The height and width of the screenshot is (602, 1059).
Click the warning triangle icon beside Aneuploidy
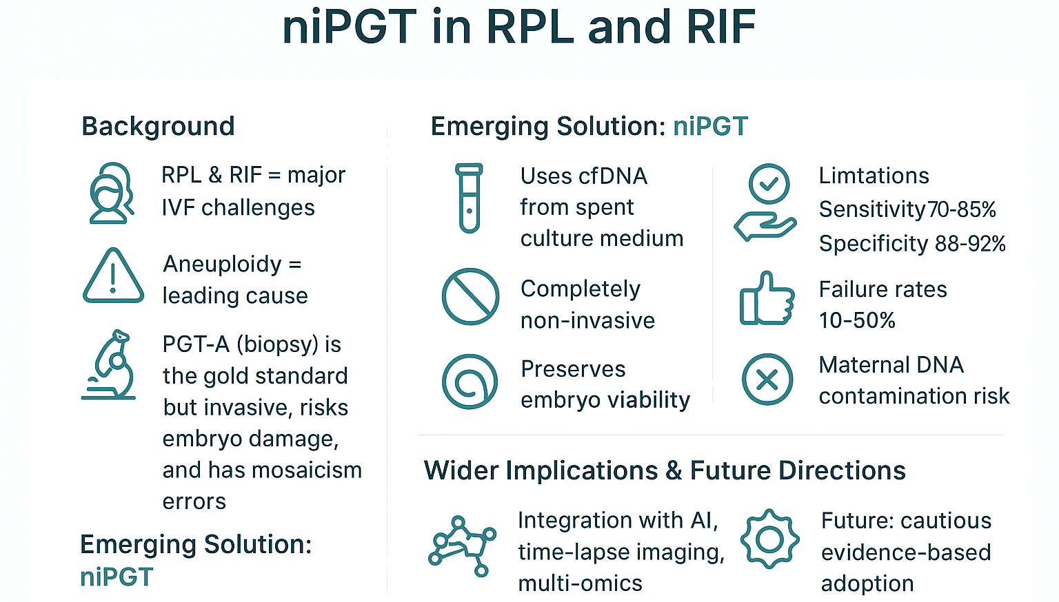(x=113, y=277)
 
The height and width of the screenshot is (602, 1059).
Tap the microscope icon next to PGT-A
(x=110, y=365)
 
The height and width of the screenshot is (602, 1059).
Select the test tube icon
(x=470, y=198)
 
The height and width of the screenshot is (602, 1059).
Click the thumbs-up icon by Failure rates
(x=766, y=299)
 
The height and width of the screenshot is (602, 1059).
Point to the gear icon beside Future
(x=769, y=539)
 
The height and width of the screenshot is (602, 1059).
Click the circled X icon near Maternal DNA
(x=767, y=380)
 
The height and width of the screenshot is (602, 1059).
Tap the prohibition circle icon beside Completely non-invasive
(x=470, y=297)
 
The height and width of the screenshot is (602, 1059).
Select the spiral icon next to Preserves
(x=470, y=382)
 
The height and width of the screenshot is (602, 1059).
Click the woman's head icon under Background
(x=110, y=194)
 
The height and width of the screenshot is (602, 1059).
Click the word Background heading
(x=158, y=127)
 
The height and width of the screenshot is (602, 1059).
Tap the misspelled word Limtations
(x=874, y=176)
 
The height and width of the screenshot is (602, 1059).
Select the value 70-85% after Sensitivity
(x=962, y=209)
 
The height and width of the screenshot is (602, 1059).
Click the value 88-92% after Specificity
(x=970, y=244)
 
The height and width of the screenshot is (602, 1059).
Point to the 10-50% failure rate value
(x=857, y=320)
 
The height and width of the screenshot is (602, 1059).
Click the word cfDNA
(x=613, y=176)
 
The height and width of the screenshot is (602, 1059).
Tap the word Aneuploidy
(x=223, y=264)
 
